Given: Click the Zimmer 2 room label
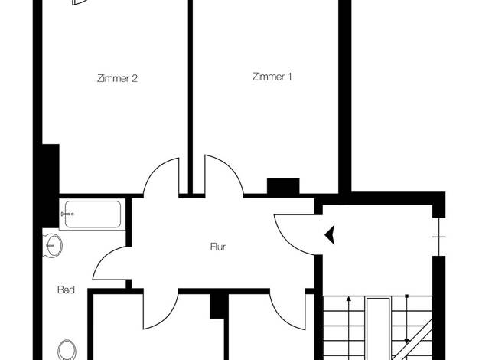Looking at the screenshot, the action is [x=117, y=78].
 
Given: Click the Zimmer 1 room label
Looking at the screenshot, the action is [x=272, y=77].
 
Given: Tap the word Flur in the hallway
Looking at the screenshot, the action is [x=218, y=247].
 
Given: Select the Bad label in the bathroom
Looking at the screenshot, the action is [x=66, y=290].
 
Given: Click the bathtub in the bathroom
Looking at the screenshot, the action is [x=93, y=214].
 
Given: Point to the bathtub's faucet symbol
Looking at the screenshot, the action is [x=67, y=214].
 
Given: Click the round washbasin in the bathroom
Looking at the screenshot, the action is [x=53, y=245].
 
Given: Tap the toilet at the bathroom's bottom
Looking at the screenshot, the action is [x=67, y=349].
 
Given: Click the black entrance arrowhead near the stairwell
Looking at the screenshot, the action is [x=330, y=235].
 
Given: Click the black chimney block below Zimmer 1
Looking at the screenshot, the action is [x=283, y=186].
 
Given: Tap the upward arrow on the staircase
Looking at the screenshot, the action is [x=349, y=328].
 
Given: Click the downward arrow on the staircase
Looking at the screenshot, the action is [x=406, y=319].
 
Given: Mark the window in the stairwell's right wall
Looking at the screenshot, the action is [x=439, y=237].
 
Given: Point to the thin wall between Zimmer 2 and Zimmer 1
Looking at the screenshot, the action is [x=191, y=97].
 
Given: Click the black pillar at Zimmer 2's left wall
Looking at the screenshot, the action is [x=51, y=186].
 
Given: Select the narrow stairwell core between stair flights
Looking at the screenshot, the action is [x=378, y=329].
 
